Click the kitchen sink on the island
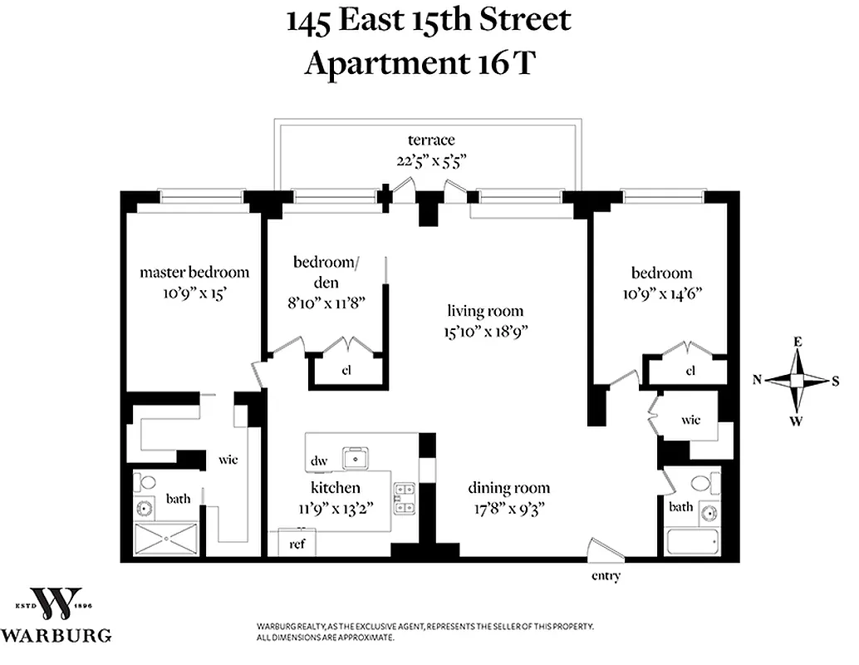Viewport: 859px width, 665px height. [x=359, y=457]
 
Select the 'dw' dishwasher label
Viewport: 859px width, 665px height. [x=318, y=461]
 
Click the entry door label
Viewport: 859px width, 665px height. [x=606, y=576]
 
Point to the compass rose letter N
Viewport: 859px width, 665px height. [x=758, y=380]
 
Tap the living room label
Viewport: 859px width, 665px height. [x=486, y=311]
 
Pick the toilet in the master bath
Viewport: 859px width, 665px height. [x=146, y=483]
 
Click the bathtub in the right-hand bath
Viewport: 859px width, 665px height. [x=693, y=542]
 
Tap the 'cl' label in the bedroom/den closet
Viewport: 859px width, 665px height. [x=346, y=371]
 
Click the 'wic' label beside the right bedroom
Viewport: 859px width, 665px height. [x=690, y=420]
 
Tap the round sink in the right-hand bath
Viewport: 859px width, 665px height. [x=709, y=511]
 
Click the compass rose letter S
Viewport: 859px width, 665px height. [x=835, y=380]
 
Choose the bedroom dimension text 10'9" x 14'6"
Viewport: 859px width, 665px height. [x=661, y=293]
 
